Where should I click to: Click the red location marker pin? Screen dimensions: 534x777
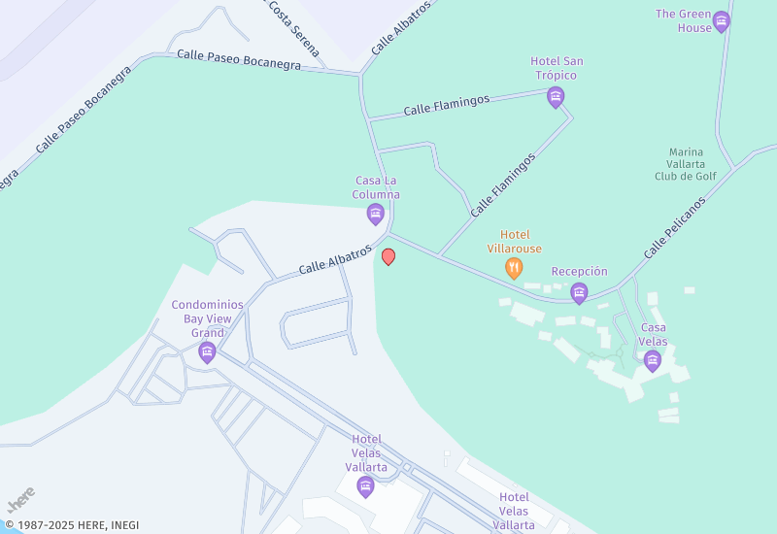click(388, 256)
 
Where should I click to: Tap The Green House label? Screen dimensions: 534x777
click(684, 20)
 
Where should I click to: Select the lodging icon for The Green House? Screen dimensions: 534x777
click(721, 20)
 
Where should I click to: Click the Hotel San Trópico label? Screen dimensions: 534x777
click(557, 68)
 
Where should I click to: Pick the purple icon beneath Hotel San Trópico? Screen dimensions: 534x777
click(556, 96)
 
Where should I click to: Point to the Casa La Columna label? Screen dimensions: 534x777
click(377, 187)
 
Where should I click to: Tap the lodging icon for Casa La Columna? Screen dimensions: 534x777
click(376, 214)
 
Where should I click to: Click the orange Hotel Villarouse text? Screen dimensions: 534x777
click(514, 242)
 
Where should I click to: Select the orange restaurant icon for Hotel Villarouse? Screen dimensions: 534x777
click(514, 268)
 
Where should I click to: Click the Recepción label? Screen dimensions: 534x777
click(579, 272)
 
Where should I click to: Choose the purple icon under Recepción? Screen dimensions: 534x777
click(579, 292)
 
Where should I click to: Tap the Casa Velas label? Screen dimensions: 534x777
click(653, 334)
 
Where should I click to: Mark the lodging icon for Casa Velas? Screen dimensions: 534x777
click(653, 361)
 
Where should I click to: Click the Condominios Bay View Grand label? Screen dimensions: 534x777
click(207, 318)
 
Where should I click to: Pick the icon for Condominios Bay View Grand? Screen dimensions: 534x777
click(207, 352)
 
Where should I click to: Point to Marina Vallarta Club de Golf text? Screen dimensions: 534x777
click(693, 164)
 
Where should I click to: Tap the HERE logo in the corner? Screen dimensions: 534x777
click(20, 499)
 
